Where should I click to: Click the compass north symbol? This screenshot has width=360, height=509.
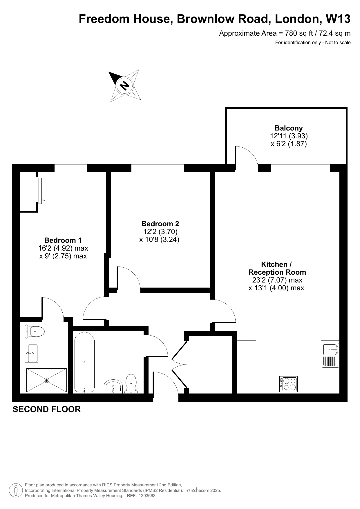(x=125, y=86)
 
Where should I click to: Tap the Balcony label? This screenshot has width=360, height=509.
(x=289, y=128)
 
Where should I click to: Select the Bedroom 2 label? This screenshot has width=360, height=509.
(x=160, y=224)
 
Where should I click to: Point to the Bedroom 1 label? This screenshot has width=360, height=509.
(x=63, y=240)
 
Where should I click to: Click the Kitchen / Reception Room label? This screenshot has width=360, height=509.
(x=277, y=268)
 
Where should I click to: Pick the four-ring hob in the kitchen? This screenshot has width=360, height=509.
(x=288, y=384)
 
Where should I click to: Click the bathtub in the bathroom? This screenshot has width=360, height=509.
(x=84, y=362)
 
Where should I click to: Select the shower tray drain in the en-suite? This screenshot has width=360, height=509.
(x=46, y=380)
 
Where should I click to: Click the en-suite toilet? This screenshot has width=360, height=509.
(x=35, y=331)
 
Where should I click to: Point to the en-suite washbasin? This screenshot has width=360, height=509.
(x=32, y=353)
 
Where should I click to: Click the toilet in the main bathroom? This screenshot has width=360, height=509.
(x=131, y=384)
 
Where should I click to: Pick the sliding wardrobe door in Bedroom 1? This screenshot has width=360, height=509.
(x=40, y=191)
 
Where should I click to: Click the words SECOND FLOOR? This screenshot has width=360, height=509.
(x=47, y=409)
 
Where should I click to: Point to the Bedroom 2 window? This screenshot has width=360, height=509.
(x=158, y=168)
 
